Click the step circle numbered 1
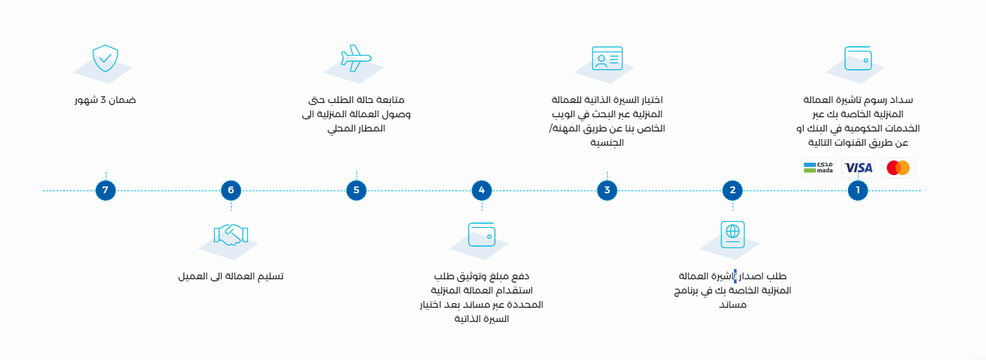pos(857,191)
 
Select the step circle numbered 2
pos(733,191)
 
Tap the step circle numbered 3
pos(607,191)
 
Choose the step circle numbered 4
pos(482,191)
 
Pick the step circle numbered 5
pos(356,191)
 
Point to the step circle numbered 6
pos(230,191)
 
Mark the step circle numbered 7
pos(105,191)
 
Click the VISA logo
pos(858,168)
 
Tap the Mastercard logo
pos(898,168)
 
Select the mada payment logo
pos(818,168)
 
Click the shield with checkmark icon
pos(105,58)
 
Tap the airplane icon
pos(356,58)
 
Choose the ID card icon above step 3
pos(607,58)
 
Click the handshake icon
pos(230,235)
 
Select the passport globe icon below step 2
pos(733,235)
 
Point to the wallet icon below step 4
pos(482,235)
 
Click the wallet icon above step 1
pos(858,58)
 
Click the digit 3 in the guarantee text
pos(104,100)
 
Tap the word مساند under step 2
pos(733,305)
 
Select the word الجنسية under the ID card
pos(607,143)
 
